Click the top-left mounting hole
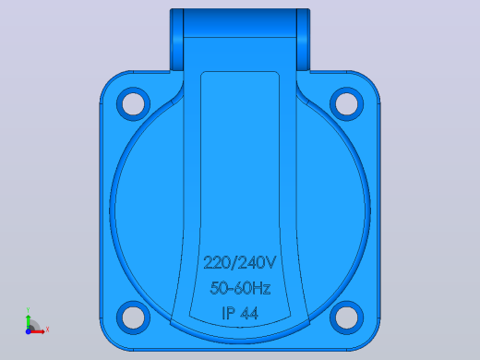click(x=133, y=103)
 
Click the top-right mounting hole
click(x=346, y=103)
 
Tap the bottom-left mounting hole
click(x=133, y=318)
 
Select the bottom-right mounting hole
click(x=346, y=318)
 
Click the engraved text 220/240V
click(x=240, y=262)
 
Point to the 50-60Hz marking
click(x=240, y=288)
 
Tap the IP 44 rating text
click(x=240, y=313)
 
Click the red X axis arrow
click(x=37, y=331)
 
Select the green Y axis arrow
click(x=29, y=322)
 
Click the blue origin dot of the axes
click(x=28, y=331)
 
